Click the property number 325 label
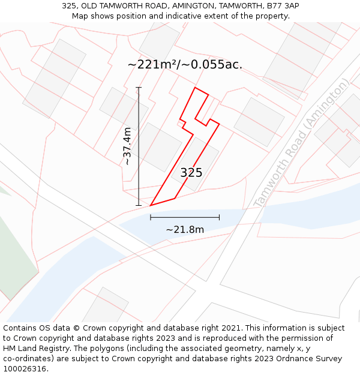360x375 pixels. [191, 173]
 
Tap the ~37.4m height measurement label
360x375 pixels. [127, 146]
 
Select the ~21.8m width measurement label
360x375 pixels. [185, 229]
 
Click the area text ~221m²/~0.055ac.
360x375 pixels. [185, 65]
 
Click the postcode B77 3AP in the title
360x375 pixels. [283, 6]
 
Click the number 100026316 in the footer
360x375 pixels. [24, 369]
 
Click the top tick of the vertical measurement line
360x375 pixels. [139, 88]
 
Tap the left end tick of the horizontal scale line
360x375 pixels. [151, 217]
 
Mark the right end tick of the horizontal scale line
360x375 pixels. [219, 217]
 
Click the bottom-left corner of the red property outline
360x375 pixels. [150, 205]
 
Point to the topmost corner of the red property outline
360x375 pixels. [194, 88]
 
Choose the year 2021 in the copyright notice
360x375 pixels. [230, 328]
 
